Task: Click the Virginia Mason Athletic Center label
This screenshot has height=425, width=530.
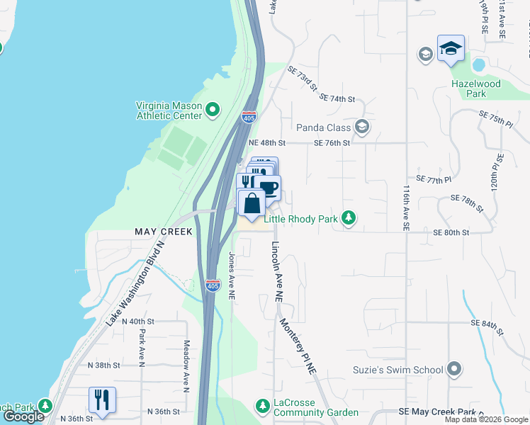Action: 169,110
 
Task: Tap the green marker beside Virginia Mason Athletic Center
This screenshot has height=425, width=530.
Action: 213,109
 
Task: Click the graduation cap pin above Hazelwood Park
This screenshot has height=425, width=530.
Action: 451,49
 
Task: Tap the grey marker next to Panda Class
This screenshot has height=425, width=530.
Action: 362,127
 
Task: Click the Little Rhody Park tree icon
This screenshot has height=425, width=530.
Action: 348,218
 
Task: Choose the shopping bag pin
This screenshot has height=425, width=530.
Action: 252,203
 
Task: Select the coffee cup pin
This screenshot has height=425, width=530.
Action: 269,188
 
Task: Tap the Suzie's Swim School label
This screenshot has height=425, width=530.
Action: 398,370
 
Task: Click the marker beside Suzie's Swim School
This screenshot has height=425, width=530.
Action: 455,369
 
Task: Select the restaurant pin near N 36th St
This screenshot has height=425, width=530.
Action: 102,400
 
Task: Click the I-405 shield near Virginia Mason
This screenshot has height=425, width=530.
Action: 249,116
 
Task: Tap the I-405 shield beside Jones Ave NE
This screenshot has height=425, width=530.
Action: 213,285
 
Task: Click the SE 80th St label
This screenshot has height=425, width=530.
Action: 451,232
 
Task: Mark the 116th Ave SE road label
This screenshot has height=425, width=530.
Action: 407,208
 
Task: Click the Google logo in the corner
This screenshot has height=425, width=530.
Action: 23,416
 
